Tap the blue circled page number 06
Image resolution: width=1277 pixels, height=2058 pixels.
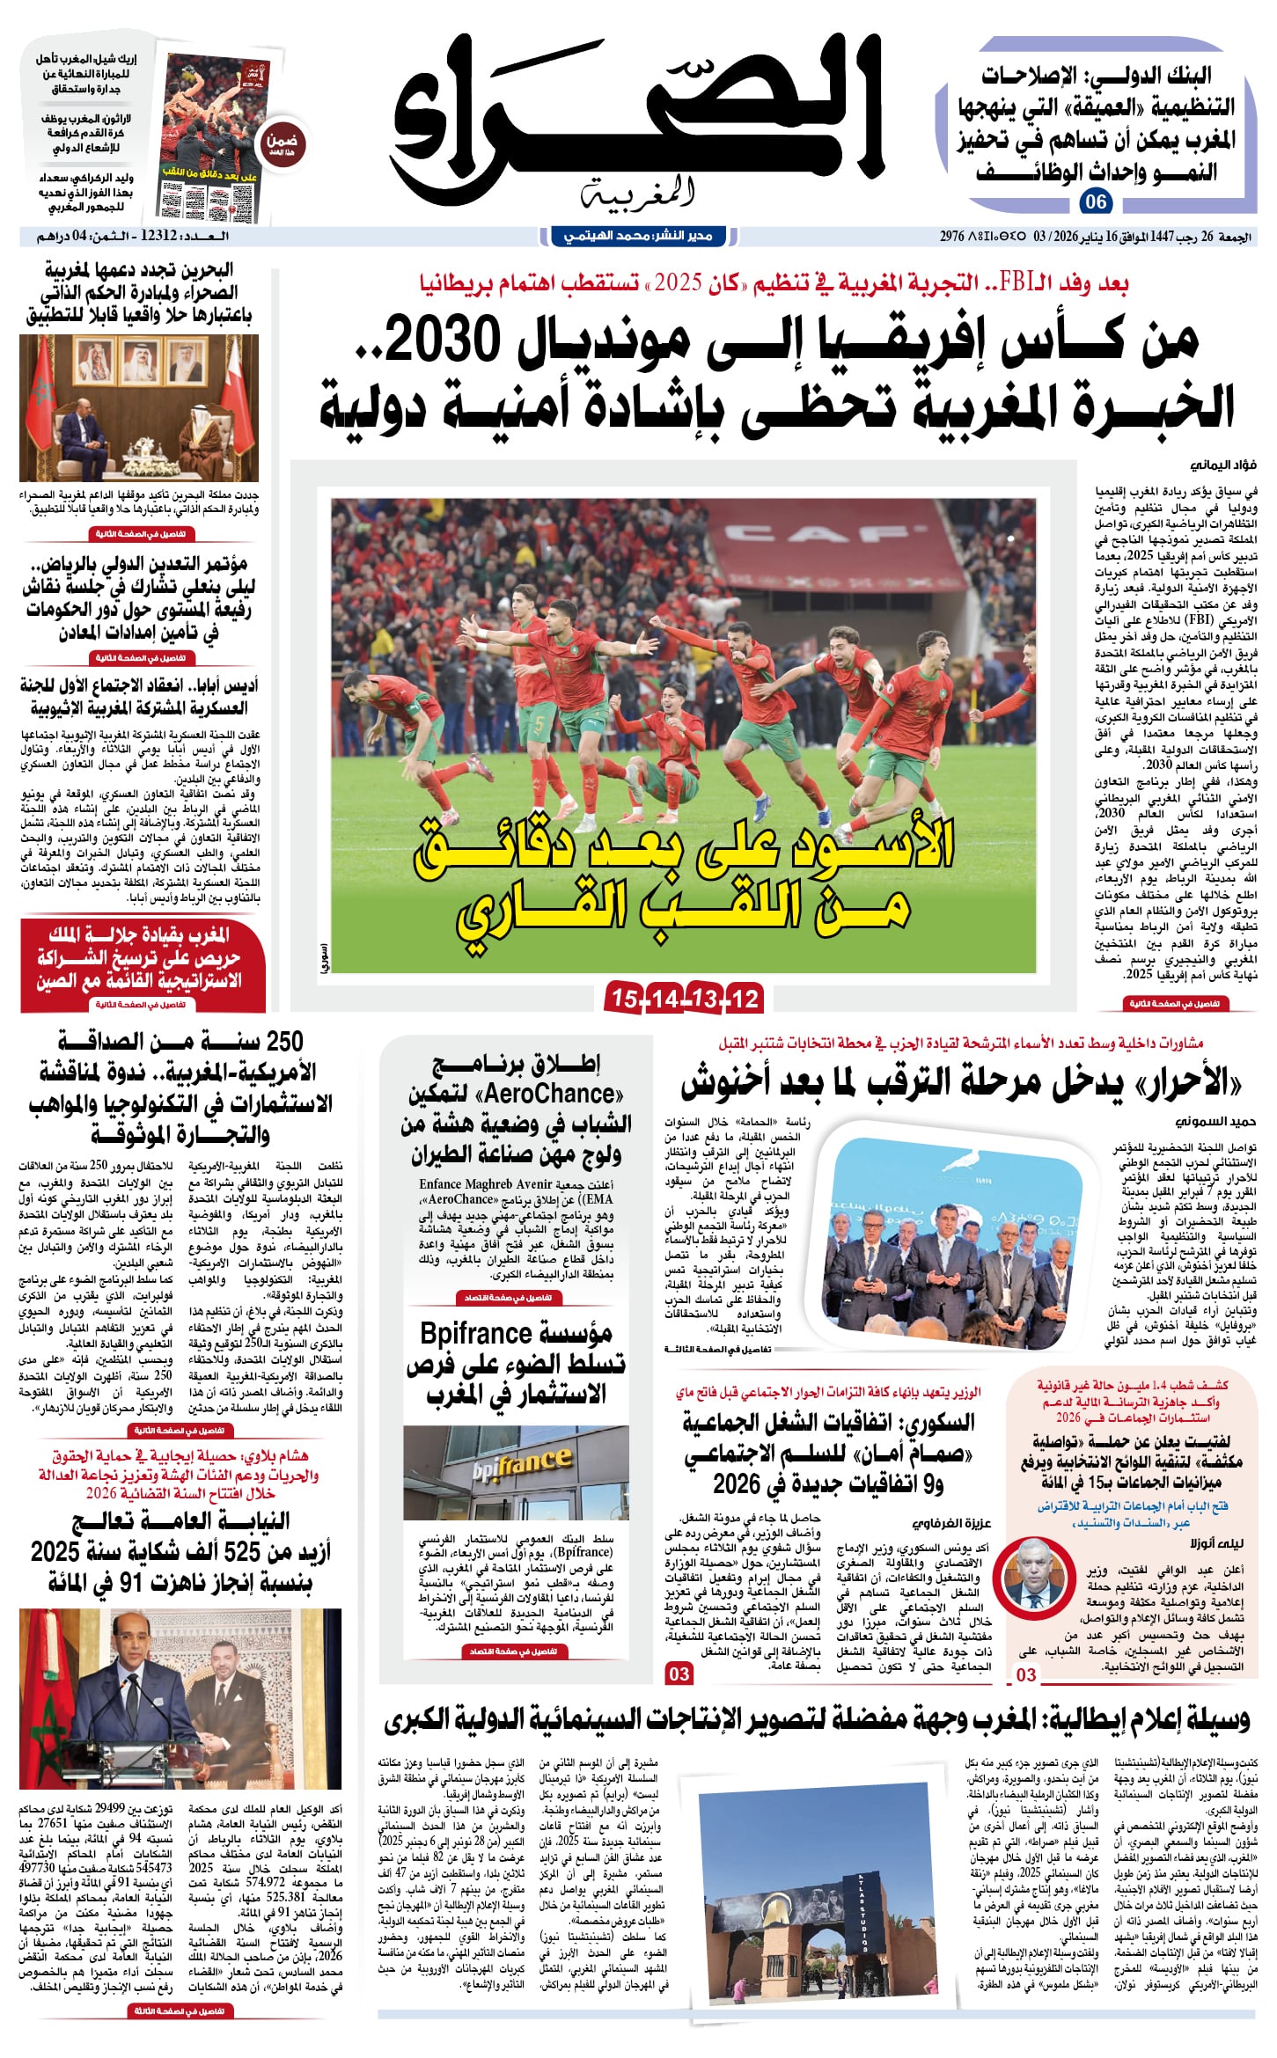point(1096,202)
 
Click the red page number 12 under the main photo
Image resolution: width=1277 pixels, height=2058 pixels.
point(745,998)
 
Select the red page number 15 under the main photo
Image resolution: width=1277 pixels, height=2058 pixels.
point(624,998)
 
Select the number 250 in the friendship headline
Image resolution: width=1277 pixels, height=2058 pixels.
point(283,1042)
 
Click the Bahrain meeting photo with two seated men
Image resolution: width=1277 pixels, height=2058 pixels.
point(139,407)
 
